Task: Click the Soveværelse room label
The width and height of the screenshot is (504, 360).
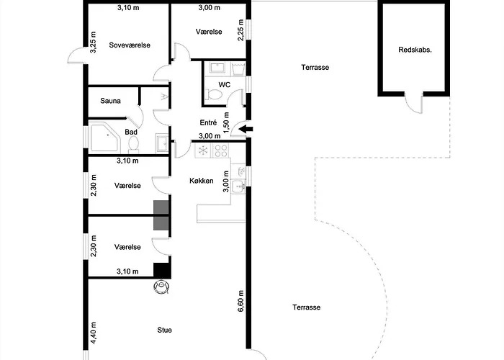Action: click(x=129, y=45)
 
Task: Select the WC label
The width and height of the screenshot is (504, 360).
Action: click(x=225, y=85)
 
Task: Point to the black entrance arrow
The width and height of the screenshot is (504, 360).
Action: click(x=245, y=130)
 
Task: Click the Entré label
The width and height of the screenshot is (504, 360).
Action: click(x=207, y=122)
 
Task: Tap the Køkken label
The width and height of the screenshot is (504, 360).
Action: click(x=202, y=181)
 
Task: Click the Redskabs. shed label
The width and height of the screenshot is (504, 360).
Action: click(x=415, y=50)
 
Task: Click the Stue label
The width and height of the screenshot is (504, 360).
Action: click(x=165, y=330)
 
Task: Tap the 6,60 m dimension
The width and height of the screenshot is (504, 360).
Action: click(x=242, y=300)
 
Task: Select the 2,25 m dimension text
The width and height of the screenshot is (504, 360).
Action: click(x=240, y=30)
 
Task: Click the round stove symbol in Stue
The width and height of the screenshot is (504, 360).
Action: click(x=161, y=287)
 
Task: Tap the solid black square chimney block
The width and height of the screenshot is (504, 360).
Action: click(x=162, y=270)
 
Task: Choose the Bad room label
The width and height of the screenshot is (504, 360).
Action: click(x=131, y=132)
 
